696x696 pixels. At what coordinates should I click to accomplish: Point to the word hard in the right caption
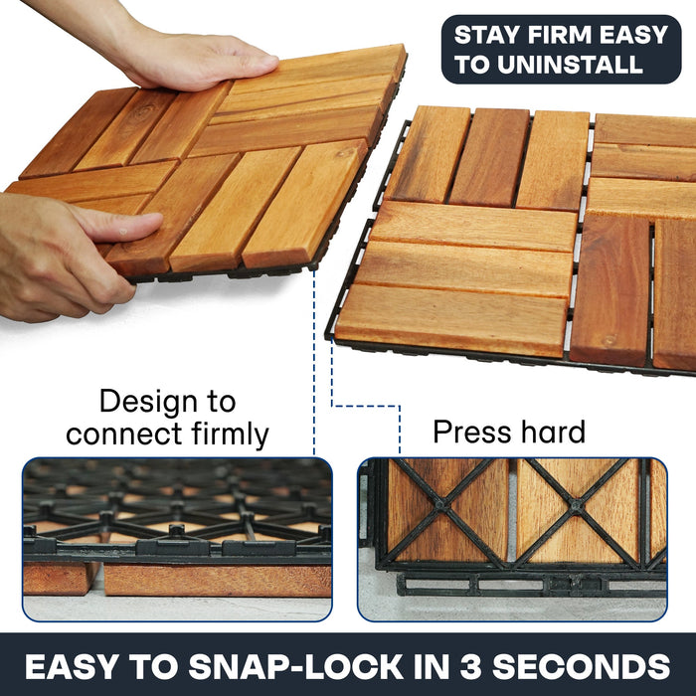(x=553, y=433)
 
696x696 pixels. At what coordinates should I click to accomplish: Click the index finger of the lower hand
(x=124, y=227)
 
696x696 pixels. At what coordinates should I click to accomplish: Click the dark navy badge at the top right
(x=561, y=49)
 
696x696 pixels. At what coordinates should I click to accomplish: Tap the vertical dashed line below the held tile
(x=314, y=368)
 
